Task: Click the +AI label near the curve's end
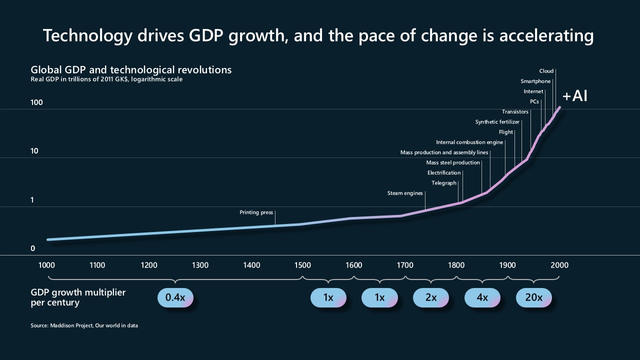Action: tap(574, 96)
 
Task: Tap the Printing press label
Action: tap(256, 212)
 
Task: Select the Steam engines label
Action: tap(405, 193)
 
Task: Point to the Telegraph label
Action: tap(444, 183)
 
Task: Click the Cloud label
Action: tap(546, 71)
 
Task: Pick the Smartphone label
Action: tap(535, 81)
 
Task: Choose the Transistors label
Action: tap(515, 112)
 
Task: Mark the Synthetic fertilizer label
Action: tap(497, 122)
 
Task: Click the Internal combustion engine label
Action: tap(469, 142)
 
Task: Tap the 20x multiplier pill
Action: tap(533, 297)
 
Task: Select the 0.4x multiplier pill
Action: tap(175, 297)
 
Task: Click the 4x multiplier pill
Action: tap(482, 297)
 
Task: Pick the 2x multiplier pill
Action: tap(430, 297)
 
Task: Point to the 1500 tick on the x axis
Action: tap(302, 265)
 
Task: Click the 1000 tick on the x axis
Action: tap(46, 265)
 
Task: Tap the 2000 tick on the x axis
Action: tap(559, 265)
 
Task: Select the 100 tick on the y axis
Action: tap(36, 103)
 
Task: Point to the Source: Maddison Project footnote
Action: tap(84, 325)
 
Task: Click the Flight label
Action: tap(506, 132)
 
